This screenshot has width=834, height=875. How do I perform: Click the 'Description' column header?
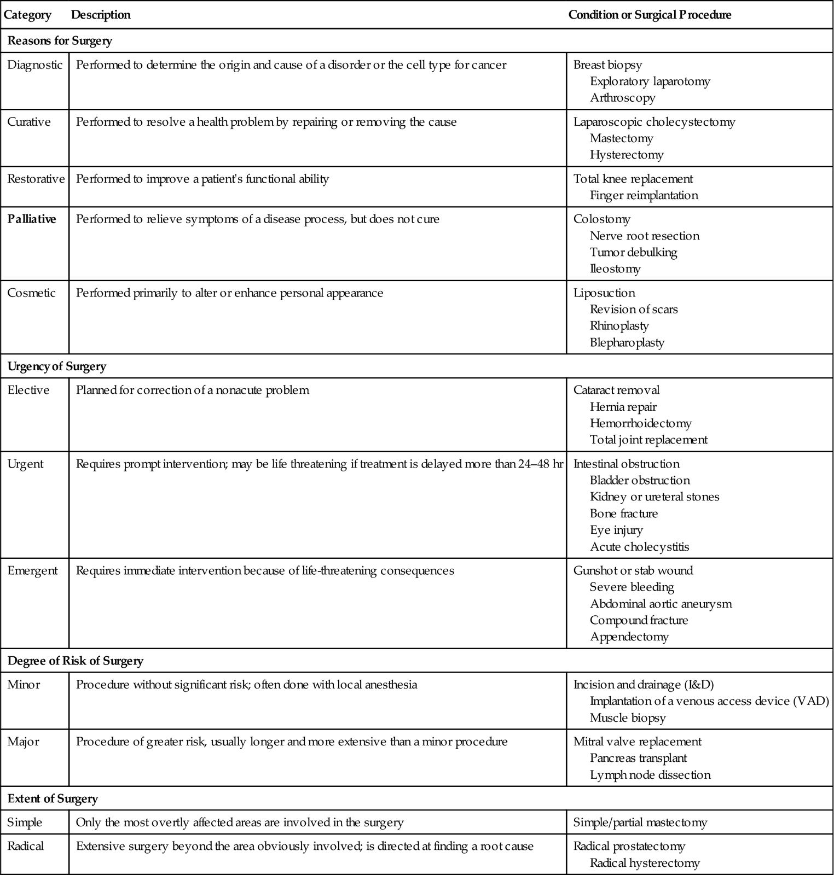coord(101,15)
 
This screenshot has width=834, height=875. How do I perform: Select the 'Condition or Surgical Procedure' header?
coord(650,15)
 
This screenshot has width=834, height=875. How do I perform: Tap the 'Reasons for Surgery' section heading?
coord(60,40)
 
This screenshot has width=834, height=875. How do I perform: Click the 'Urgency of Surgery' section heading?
coord(56,366)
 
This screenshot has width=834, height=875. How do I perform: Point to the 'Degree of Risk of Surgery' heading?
coord(75,661)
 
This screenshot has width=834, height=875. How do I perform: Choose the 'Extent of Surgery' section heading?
coord(53,798)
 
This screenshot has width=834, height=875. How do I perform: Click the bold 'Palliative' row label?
coord(32,219)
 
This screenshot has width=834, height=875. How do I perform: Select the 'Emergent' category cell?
coord(32,570)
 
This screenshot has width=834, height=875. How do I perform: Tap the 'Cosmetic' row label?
coord(31,293)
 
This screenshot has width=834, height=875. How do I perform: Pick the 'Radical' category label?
coord(25,846)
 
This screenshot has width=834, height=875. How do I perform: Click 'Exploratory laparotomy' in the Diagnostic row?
coord(650,81)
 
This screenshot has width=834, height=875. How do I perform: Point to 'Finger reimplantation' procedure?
coord(644,195)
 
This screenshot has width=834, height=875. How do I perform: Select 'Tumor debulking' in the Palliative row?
coord(633,252)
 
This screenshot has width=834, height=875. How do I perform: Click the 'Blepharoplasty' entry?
coord(627,342)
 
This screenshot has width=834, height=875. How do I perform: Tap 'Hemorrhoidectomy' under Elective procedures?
coord(640,423)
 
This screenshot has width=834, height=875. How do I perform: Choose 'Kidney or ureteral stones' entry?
coord(654,497)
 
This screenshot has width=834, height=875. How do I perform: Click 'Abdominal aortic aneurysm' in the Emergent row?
coord(661,604)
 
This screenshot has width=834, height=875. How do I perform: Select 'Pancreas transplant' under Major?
coord(638,758)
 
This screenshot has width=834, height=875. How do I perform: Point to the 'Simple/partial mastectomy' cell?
coord(640,822)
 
